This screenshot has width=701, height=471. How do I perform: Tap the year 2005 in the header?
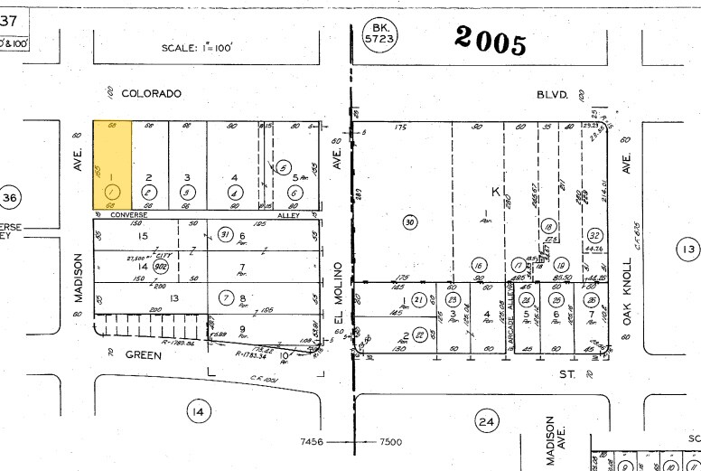(490, 39)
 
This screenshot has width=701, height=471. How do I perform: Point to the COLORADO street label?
(151, 93)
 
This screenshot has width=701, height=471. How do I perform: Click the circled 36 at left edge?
(10, 198)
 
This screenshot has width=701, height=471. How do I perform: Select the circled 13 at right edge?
(689, 250)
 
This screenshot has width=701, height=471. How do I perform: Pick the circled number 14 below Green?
(197, 412)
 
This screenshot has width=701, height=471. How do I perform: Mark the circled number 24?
(487, 420)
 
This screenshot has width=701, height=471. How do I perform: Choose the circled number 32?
(594, 234)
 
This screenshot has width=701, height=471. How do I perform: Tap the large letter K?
(495, 192)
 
